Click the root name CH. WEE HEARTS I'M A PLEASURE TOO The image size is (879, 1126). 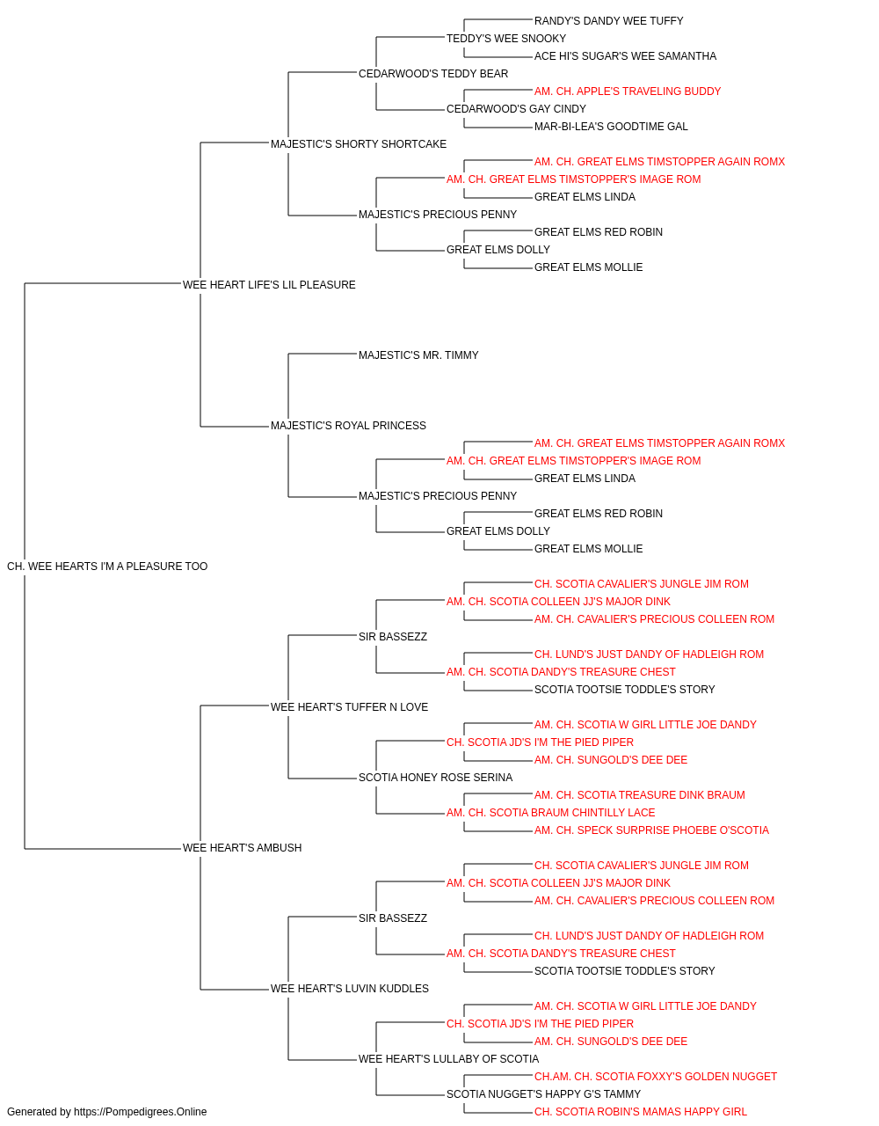tap(107, 567)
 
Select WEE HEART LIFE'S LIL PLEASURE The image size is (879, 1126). tap(269, 285)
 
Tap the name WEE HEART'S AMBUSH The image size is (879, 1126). tap(243, 848)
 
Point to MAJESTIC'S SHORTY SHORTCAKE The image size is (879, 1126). tap(359, 144)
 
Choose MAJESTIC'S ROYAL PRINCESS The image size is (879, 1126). tap(348, 426)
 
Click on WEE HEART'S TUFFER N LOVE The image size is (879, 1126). tap(350, 707)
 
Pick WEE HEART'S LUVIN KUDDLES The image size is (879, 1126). tap(350, 989)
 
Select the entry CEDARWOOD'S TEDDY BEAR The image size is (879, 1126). tap(433, 74)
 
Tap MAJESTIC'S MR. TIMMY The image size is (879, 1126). tap(418, 355)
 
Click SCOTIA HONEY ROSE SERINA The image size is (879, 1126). tap(435, 778)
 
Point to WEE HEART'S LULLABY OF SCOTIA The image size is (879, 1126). tap(449, 1059)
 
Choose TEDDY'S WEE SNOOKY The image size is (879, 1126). tap(506, 39)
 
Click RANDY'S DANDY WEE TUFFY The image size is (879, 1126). tap(609, 21)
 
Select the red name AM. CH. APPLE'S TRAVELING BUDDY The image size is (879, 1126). tap(628, 91)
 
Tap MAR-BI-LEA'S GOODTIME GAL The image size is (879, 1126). tap(611, 127)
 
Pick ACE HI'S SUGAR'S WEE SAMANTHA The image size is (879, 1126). tap(625, 56)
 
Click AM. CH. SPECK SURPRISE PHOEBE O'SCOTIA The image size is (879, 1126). tap(651, 830)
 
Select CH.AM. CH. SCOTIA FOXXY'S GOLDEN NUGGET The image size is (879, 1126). tap(656, 1077)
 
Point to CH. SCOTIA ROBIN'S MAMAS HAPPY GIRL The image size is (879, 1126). tap(641, 1112)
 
